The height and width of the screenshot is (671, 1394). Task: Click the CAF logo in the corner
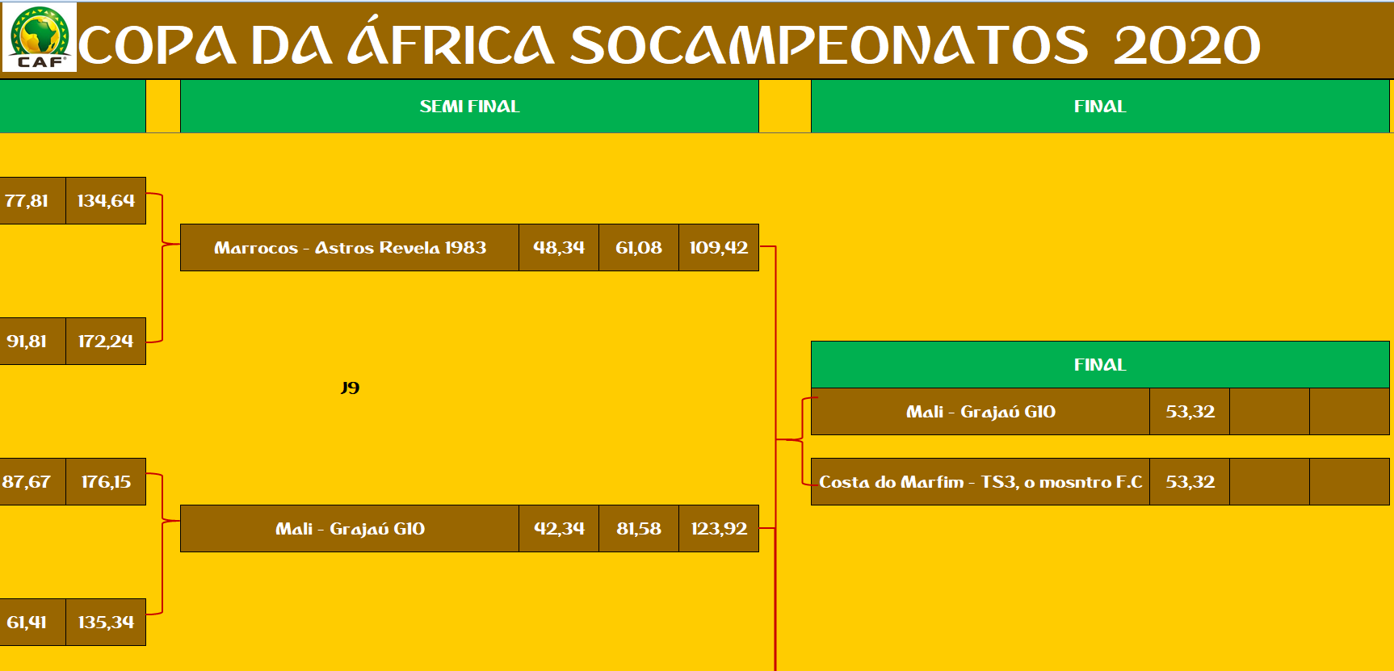pyautogui.click(x=40, y=37)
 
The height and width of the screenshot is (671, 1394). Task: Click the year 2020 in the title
pyautogui.click(x=1186, y=45)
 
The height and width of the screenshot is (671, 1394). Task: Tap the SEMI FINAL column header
pyautogui.click(x=469, y=106)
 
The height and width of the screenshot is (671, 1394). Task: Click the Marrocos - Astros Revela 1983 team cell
pyautogui.click(x=350, y=247)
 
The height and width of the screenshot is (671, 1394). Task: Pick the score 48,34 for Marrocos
pyautogui.click(x=559, y=247)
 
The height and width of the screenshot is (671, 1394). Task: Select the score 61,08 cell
pyautogui.click(x=639, y=247)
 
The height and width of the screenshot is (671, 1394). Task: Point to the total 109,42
pyautogui.click(x=719, y=247)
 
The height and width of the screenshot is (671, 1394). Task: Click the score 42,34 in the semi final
pyautogui.click(x=559, y=528)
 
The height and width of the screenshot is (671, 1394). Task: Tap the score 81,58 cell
pyautogui.click(x=639, y=528)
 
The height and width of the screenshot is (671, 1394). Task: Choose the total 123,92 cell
pyautogui.click(x=719, y=528)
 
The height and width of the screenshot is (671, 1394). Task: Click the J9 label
pyautogui.click(x=350, y=388)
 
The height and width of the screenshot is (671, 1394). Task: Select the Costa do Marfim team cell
pyautogui.click(x=980, y=481)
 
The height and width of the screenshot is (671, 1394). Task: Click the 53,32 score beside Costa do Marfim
pyautogui.click(x=1190, y=481)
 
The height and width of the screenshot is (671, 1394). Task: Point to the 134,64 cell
pyautogui.click(x=106, y=200)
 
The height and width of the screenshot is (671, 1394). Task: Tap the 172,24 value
pyautogui.click(x=106, y=341)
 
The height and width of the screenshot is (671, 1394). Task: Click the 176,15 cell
pyautogui.click(x=106, y=481)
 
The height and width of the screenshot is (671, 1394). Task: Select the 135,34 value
pyautogui.click(x=106, y=622)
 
